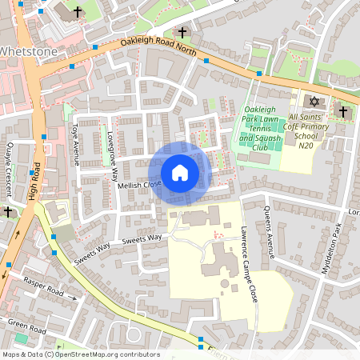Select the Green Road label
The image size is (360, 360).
(x=26, y=327)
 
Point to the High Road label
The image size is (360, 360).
(x=37, y=184)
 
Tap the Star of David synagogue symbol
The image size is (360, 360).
(x=314, y=102)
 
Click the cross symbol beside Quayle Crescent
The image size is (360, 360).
(x=8, y=212)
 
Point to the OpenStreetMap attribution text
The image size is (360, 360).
(x=80, y=354)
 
